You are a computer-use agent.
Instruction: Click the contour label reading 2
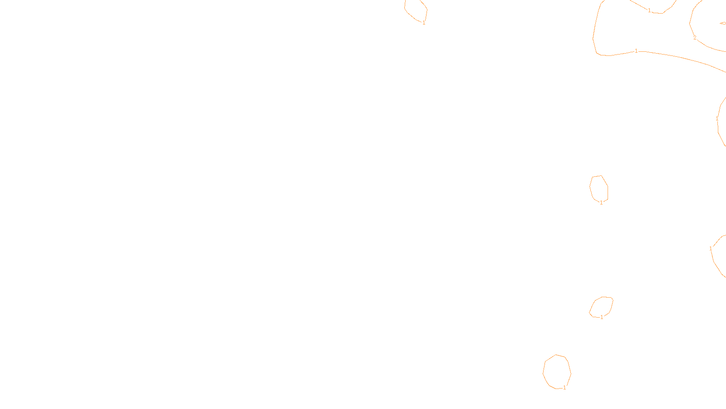(695, 38)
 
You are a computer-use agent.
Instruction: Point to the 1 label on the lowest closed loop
(564, 388)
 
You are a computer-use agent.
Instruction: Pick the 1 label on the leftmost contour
(424, 23)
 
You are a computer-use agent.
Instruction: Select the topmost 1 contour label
(649, 10)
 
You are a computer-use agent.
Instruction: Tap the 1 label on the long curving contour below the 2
(636, 51)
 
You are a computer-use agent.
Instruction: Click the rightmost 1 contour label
(717, 119)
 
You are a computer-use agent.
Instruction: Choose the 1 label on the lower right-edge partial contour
(711, 249)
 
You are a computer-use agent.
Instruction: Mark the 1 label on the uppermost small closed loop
(601, 203)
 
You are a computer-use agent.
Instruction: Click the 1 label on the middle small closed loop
(602, 317)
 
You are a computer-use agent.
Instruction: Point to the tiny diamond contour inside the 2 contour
(722, 23)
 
